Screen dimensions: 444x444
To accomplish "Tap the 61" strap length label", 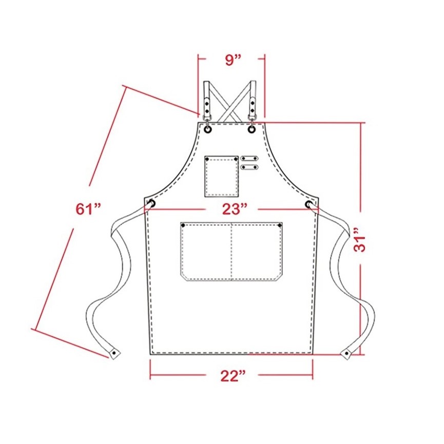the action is pyautogui.click(x=88, y=209).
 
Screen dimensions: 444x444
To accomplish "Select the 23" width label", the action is pyautogui.click(x=235, y=209).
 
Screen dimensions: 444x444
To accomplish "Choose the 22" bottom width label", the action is pyautogui.click(x=233, y=376).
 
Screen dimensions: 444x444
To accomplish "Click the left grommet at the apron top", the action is pyautogui.click(x=208, y=129).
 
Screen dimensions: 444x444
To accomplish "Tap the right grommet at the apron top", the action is pyautogui.click(x=252, y=129).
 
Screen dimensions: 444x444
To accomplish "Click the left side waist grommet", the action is pyautogui.click(x=152, y=203).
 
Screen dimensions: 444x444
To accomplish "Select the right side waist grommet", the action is pyautogui.click(x=308, y=204).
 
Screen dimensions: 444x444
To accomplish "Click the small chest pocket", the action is pyautogui.click(x=221, y=176).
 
